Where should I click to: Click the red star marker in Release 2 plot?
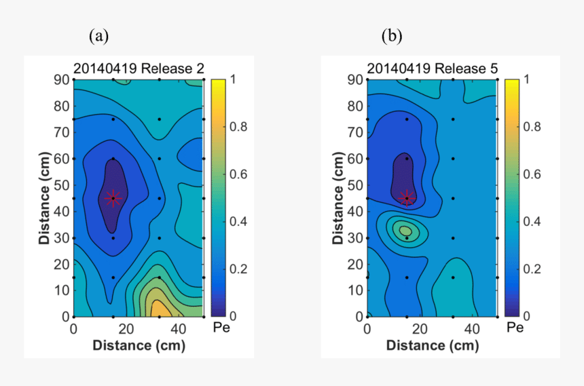tap(113, 197)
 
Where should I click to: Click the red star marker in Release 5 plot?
tap(407, 197)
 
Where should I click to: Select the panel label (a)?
tap(99, 36)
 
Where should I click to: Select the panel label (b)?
tap(391, 36)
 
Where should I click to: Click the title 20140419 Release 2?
tap(139, 69)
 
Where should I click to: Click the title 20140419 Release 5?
tap(433, 69)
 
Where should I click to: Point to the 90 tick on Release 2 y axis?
tap(61, 79)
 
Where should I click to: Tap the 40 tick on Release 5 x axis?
tap(471, 329)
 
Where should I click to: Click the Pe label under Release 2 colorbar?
tap(220, 328)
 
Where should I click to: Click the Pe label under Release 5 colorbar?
tap(515, 328)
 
